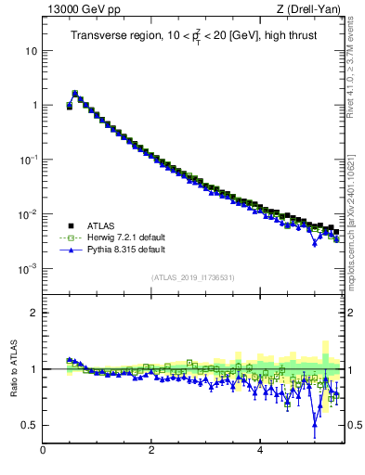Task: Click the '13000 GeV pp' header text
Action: pyautogui.click(x=79, y=11)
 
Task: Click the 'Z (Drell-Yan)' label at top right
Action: pyautogui.click(x=313, y=11)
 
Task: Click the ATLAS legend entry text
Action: pyautogui.click(x=103, y=225)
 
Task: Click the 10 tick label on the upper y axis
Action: pyautogui.click(x=31, y=50)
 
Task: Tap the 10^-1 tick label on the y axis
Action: pyautogui.click(x=28, y=160)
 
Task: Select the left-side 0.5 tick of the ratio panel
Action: pyautogui.click(x=30, y=425)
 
